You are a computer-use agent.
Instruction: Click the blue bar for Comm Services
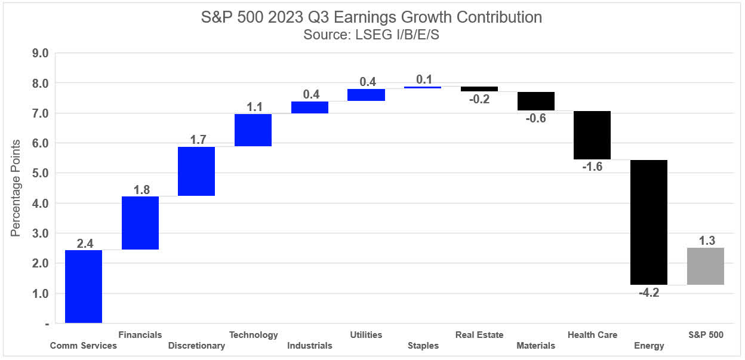coord(84,287)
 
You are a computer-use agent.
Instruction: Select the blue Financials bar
coord(140,223)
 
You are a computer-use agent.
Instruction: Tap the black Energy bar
coord(649,222)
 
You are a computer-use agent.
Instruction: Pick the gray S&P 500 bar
coord(705,266)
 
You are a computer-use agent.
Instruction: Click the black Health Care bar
coord(592,135)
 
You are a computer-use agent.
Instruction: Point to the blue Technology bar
coord(253,130)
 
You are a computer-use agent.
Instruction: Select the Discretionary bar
coord(196,171)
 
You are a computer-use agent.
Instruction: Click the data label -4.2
coord(649,293)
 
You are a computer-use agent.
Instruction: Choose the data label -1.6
coord(592,167)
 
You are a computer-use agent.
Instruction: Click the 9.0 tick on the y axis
coord(40,53)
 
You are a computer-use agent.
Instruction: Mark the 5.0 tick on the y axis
coord(40,173)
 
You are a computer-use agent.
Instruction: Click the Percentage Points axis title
coord(16,188)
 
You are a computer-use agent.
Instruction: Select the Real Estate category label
coord(479,334)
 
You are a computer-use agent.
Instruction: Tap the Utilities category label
coord(366,334)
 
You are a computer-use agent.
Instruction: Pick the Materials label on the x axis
coord(535,346)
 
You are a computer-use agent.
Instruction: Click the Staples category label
coord(423,346)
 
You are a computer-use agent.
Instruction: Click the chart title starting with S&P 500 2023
coord(372,17)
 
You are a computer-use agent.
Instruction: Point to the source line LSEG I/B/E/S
coord(372,34)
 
